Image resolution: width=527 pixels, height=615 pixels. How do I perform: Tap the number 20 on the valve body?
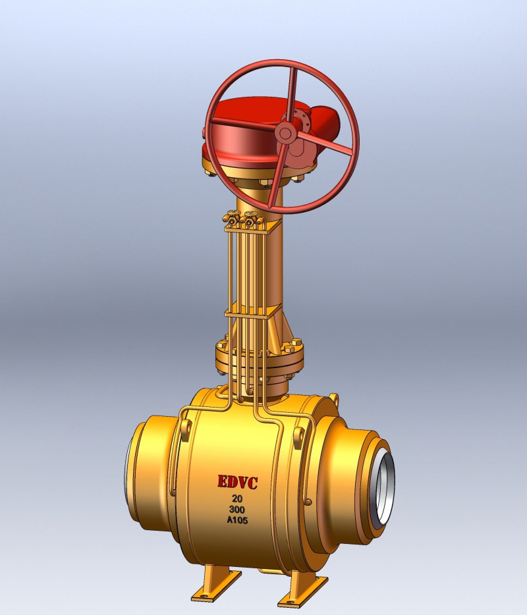point(238,498)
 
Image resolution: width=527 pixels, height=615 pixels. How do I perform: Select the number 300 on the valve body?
point(238,510)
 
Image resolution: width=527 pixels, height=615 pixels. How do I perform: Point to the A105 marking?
point(238,522)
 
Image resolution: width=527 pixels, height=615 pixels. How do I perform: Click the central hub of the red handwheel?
point(285,132)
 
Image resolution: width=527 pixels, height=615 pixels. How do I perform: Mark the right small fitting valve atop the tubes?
point(250,216)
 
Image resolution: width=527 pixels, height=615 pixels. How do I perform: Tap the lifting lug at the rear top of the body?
point(333,398)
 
